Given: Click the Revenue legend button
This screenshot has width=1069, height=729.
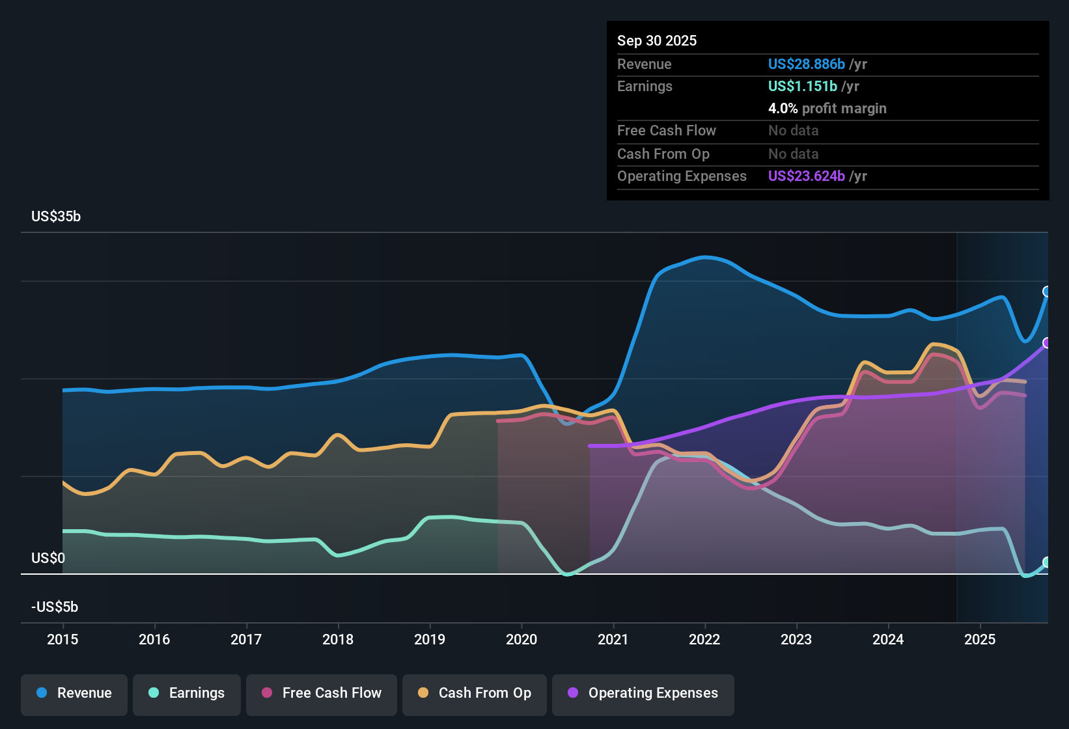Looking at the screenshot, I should pyautogui.click(x=74, y=693).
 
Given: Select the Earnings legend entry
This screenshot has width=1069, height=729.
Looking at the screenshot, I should pyautogui.click(x=187, y=693).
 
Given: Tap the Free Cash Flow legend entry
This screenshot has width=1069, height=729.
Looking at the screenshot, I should pyautogui.click(x=322, y=693).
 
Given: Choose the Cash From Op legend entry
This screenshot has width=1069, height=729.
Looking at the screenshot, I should pyautogui.click(x=475, y=693).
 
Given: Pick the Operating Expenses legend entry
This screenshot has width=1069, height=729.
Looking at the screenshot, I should pyautogui.click(x=643, y=693).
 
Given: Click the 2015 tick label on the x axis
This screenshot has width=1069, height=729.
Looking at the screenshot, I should pyautogui.click(x=62, y=639).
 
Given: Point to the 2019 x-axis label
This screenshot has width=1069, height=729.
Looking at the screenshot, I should pyautogui.click(x=430, y=639).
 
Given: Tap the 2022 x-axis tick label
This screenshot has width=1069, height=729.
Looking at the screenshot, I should pyautogui.click(x=704, y=639).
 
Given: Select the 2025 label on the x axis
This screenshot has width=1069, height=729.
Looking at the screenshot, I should pyautogui.click(x=980, y=639).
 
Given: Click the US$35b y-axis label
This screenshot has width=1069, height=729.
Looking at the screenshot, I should pyautogui.click(x=56, y=217).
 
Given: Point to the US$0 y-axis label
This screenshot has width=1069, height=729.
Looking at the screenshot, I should pyautogui.click(x=48, y=558).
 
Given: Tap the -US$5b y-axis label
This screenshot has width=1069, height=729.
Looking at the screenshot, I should pyautogui.click(x=55, y=607).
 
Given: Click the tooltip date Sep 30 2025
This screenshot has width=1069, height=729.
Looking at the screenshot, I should pyautogui.click(x=657, y=40).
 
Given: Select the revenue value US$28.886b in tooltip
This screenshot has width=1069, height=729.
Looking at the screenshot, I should pyautogui.click(x=806, y=64).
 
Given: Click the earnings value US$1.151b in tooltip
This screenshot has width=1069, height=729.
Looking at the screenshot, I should pyautogui.click(x=802, y=86).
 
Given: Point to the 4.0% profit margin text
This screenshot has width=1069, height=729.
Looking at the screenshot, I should pyautogui.click(x=827, y=108).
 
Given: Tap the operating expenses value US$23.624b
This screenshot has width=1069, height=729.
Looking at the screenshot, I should pyautogui.click(x=806, y=176).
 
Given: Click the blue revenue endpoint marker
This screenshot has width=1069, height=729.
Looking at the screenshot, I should pyautogui.click(x=1047, y=292).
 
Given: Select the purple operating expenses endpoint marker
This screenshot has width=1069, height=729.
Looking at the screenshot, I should pyautogui.click(x=1047, y=343).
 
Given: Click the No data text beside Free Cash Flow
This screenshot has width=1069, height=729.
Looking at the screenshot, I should pyautogui.click(x=793, y=130).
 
